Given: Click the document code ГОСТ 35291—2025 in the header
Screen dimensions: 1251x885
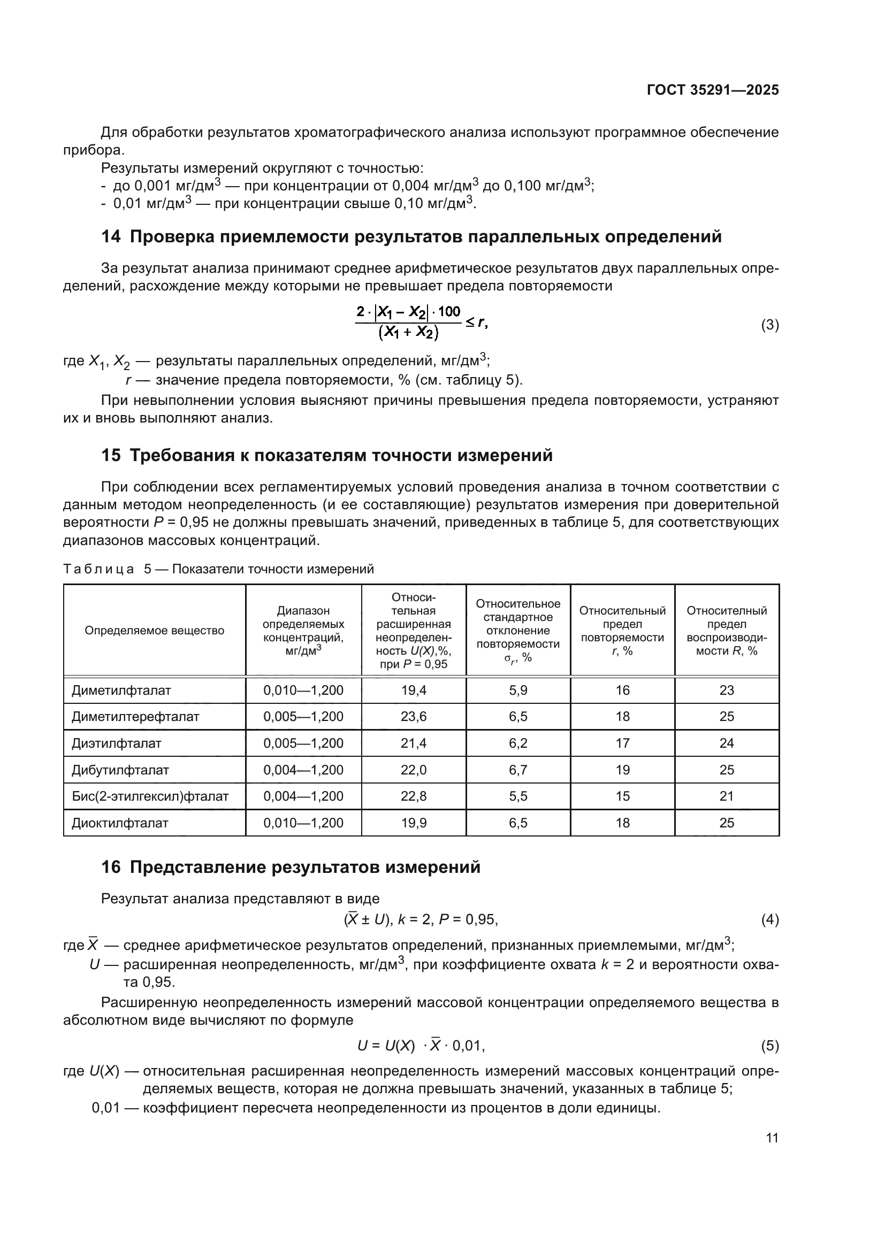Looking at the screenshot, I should (x=713, y=90).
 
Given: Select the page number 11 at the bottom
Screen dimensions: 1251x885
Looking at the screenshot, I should (x=772, y=1138).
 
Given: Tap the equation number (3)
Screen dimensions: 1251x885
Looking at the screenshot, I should (x=769, y=325).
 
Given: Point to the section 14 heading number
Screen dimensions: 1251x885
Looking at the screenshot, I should (x=111, y=237).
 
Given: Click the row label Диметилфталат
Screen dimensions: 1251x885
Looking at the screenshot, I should (x=121, y=690).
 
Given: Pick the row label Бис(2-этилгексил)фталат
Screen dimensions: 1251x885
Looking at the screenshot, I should (x=150, y=796).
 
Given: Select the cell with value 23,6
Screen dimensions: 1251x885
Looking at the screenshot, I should (x=414, y=717).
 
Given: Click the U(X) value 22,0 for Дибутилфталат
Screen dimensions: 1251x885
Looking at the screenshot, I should (x=414, y=770).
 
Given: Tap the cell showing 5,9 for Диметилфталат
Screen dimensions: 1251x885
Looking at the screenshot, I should (x=518, y=690).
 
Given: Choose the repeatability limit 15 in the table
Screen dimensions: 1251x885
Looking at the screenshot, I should (x=622, y=796).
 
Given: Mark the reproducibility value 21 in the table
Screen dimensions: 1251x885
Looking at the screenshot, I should (x=727, y=796).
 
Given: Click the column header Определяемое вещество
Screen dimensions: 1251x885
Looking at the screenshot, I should (x=154, y=631).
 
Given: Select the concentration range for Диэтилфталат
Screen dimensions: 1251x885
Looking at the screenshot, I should (x=303, y=743).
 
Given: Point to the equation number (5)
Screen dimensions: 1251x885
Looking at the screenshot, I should (x=769, y=1046).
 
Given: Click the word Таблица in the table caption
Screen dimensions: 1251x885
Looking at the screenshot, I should (x=98, y=570).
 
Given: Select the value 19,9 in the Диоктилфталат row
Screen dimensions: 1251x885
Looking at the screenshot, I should (x=414, y=823).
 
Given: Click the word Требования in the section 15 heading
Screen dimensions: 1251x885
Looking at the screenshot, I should (x=182, y=455).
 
